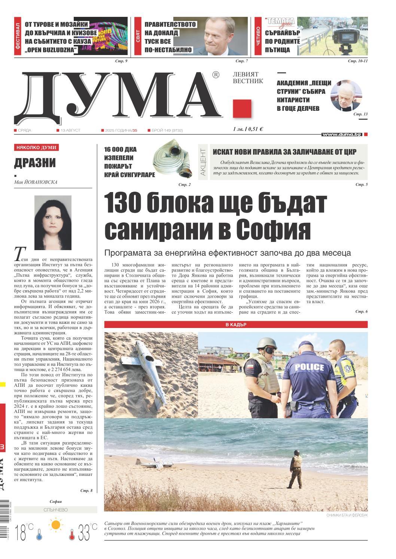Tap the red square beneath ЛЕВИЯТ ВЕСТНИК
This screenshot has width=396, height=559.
click(242, 108)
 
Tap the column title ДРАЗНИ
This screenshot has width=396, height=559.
click(35, 163)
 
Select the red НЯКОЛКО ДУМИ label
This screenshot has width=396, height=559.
click(36, 148)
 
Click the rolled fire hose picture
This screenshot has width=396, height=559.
click(173, 160)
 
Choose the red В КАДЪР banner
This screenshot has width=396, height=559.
click(236, 325)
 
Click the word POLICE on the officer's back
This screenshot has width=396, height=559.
click(309, 367)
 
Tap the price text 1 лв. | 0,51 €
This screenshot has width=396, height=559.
click(247, 129)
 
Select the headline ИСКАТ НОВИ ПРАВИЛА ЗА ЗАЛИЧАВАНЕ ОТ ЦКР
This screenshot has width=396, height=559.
click(284, 152)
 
